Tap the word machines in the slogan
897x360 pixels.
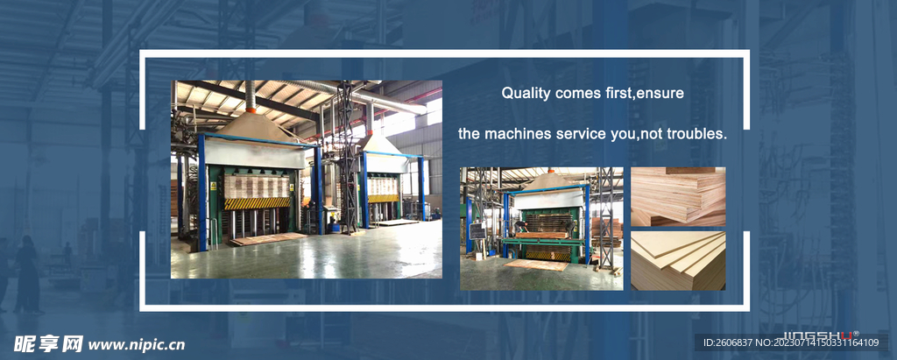point(513,135)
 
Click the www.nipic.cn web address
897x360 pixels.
point(136,344)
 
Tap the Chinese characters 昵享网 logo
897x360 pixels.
point(48,344)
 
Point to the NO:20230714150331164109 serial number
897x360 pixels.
point(817,342)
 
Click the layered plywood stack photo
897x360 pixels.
point(678,196)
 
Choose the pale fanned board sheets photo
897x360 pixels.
point(678,260)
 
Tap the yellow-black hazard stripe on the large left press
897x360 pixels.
point(257,203)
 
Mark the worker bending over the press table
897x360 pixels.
point(521,225)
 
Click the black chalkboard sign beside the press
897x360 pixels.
point(477,231)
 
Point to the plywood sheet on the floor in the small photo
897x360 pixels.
point(537,265)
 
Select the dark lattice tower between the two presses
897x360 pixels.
point(347,158)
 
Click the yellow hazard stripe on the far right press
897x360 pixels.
point(384,198)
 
